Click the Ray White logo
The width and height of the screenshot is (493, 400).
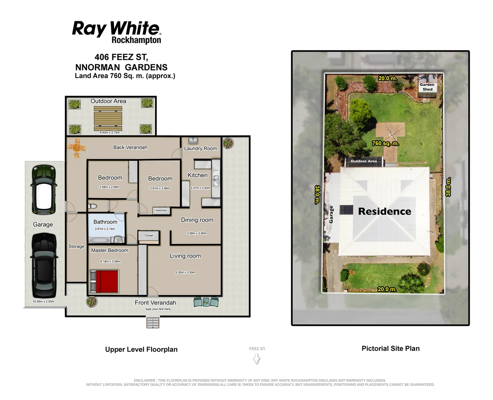[x=117, y=32]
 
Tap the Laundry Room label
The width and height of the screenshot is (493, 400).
[x=200, y=149]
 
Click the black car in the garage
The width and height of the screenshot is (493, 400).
[x=44, y=265]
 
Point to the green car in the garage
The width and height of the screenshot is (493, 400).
[x=44, y=190]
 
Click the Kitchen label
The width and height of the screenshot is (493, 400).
[x=197, y=175]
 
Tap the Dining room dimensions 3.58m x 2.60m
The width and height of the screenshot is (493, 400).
[x=197, y=233]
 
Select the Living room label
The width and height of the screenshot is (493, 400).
[x=185, y=256]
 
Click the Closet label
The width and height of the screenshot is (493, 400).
[x=149, y=236]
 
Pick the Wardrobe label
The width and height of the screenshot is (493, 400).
[x=161, y=210]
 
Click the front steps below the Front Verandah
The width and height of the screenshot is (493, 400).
[x=153, y=323]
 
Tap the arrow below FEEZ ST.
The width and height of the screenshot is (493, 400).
[x=257, y=359]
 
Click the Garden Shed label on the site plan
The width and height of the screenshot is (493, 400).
[x=427, y=87]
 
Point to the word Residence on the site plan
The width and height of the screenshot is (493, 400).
[x=385, y=211]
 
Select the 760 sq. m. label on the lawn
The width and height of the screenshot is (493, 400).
[x=385, y=143]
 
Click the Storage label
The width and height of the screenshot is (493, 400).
[x=76, y=246]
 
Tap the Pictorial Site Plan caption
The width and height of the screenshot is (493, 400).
[x=391, y=349]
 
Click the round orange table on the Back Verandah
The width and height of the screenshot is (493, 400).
[x=77, y=148]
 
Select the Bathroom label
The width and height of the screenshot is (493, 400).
[x=105, y=222]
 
